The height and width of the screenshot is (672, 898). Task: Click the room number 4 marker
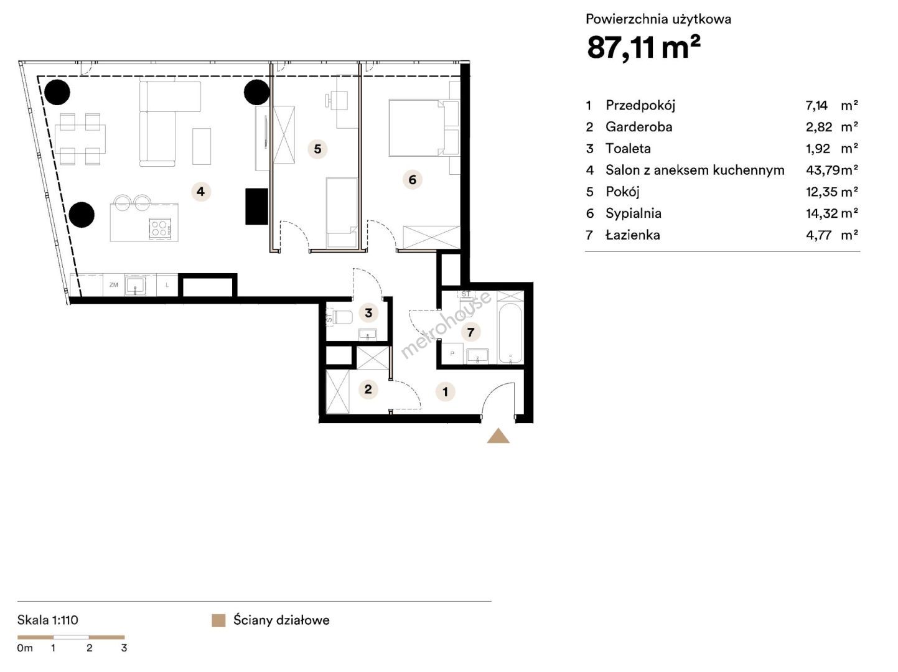point(200,191)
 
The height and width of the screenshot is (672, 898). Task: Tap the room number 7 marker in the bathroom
point(470,332)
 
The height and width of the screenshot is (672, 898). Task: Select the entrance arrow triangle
point(498,436)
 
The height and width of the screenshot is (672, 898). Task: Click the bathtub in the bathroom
point(510,333)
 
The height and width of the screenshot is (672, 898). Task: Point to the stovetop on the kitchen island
point(160,228)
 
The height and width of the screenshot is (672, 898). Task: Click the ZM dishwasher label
point(114,285)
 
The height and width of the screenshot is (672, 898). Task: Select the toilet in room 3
point(340,317)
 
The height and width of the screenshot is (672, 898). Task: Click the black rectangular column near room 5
point(256,206)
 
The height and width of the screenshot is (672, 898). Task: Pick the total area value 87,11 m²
point(643,47)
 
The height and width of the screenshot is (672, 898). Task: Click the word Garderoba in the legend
point(638,127)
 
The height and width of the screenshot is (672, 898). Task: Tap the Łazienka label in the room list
point(632,235)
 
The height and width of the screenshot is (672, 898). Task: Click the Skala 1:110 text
point(47,620)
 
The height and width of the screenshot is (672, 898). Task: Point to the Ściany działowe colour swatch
point(218,620)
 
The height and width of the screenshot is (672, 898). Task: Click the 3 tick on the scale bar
point(124,648)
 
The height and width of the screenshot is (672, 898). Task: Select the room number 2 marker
point(368,389)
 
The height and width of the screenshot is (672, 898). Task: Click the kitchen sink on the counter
point(135,285)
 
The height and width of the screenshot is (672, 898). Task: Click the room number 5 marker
point(318,149)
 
